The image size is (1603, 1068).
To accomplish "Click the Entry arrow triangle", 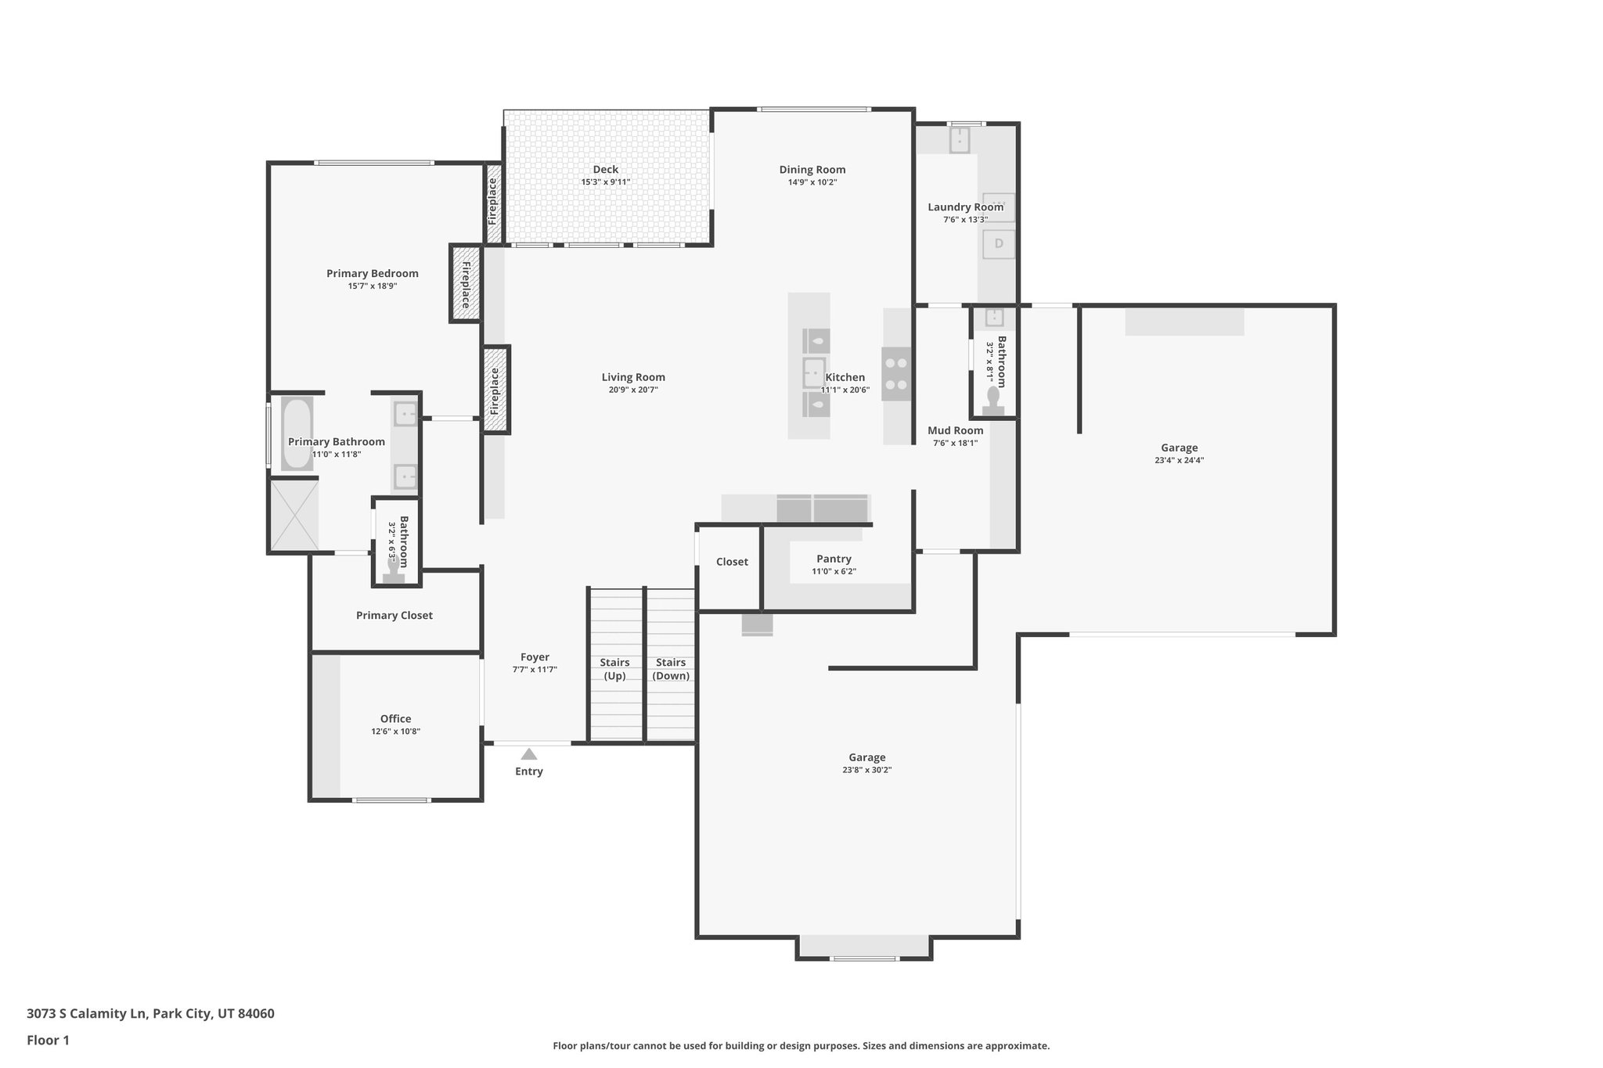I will pos(529,754).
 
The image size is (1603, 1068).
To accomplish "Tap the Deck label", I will pos(605,169).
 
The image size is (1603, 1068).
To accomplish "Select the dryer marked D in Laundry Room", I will pos(999,244).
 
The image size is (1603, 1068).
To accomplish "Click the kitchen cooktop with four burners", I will pos(897,374).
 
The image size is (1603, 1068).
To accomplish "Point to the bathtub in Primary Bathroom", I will pos(297,433).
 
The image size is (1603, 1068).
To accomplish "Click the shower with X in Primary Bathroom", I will pos(294,514).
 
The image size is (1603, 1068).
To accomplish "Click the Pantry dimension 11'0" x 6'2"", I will pos(834,571).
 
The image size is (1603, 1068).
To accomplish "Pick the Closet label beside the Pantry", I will pos(732,562).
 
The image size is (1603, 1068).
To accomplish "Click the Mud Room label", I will pos(955,430).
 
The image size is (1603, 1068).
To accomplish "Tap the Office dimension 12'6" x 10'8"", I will pos(395,732).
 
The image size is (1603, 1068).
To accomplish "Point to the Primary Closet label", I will pos(394,615).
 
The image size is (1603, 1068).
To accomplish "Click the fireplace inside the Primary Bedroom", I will pos(466,284).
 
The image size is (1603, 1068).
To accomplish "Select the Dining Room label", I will pos(812,169).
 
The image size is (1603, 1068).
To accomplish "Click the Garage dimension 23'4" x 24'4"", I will pos(1179,460).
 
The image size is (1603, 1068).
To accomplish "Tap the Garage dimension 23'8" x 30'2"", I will pos(866,770).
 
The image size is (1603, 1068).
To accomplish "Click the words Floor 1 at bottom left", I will pos(48,1040).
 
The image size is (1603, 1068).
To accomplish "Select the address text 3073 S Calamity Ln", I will pos(86,1013).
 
